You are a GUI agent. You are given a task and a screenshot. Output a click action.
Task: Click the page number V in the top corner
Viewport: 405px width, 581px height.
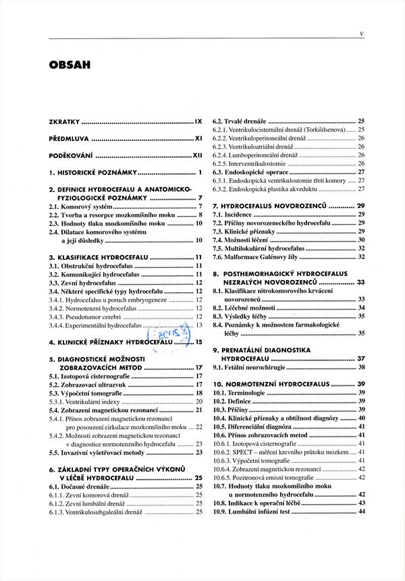[362, 32]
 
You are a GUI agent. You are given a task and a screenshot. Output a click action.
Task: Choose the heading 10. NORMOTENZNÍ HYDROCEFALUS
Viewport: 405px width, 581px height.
[279, 383]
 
